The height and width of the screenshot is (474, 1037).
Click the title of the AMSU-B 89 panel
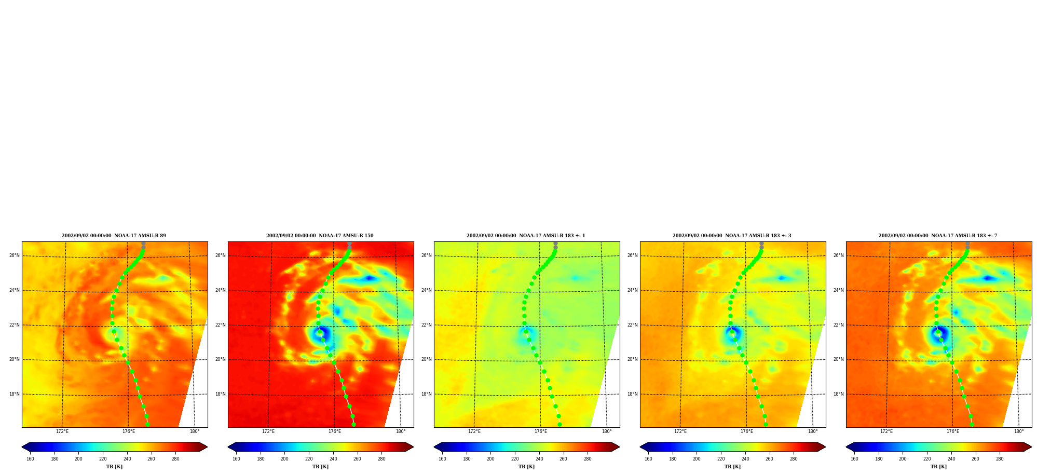pyautogui.click(x=114, y=236)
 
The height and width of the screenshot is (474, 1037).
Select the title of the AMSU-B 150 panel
pyautogui.click(x=320, y=236)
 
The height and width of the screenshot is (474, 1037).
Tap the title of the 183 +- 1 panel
pyautogui.click(x=526, y=236)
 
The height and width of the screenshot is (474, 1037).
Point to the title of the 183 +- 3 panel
pyautogui.click(x=732, y=236)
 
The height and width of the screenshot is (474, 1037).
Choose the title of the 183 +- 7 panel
pyautogui.click(x=938, y=236)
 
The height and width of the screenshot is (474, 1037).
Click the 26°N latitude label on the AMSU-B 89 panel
pyautogui.click(x=14, y=255)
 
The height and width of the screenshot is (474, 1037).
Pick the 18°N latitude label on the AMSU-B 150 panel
pyautogui.click(x=220, y=394)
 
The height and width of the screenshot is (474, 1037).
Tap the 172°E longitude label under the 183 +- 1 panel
pyautogui.click(x=474, y=431)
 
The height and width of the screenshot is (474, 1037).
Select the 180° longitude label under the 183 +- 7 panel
pyautogui.click(x=1019, y=431)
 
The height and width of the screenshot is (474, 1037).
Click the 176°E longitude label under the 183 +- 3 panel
pyautogui.click(x=746, y=431)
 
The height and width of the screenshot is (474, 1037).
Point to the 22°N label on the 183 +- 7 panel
pyautogui.click(x=838, y=325)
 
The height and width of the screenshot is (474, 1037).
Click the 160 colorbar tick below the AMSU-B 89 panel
pyautogui.click(x=30, y=459)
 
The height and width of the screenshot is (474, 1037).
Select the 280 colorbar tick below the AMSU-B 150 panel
pyautogui.click(x=381, y=459)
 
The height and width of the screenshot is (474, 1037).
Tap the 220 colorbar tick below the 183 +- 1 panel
pyautogui.click(x=515, y=459)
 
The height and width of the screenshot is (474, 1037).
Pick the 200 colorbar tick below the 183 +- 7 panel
pyautogui.click(x=903, y=459)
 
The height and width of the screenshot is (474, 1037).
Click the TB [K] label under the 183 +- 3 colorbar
pyautogui.click(x=732, y=467)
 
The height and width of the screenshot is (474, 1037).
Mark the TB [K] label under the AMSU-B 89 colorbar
pyautogui.click(x=114, y=467)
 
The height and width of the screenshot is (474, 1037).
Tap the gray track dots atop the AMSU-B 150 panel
pyautogui.click(x=349, y=245)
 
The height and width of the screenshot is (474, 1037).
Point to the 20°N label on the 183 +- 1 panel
pyautogui.click(x=426, y=359)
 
